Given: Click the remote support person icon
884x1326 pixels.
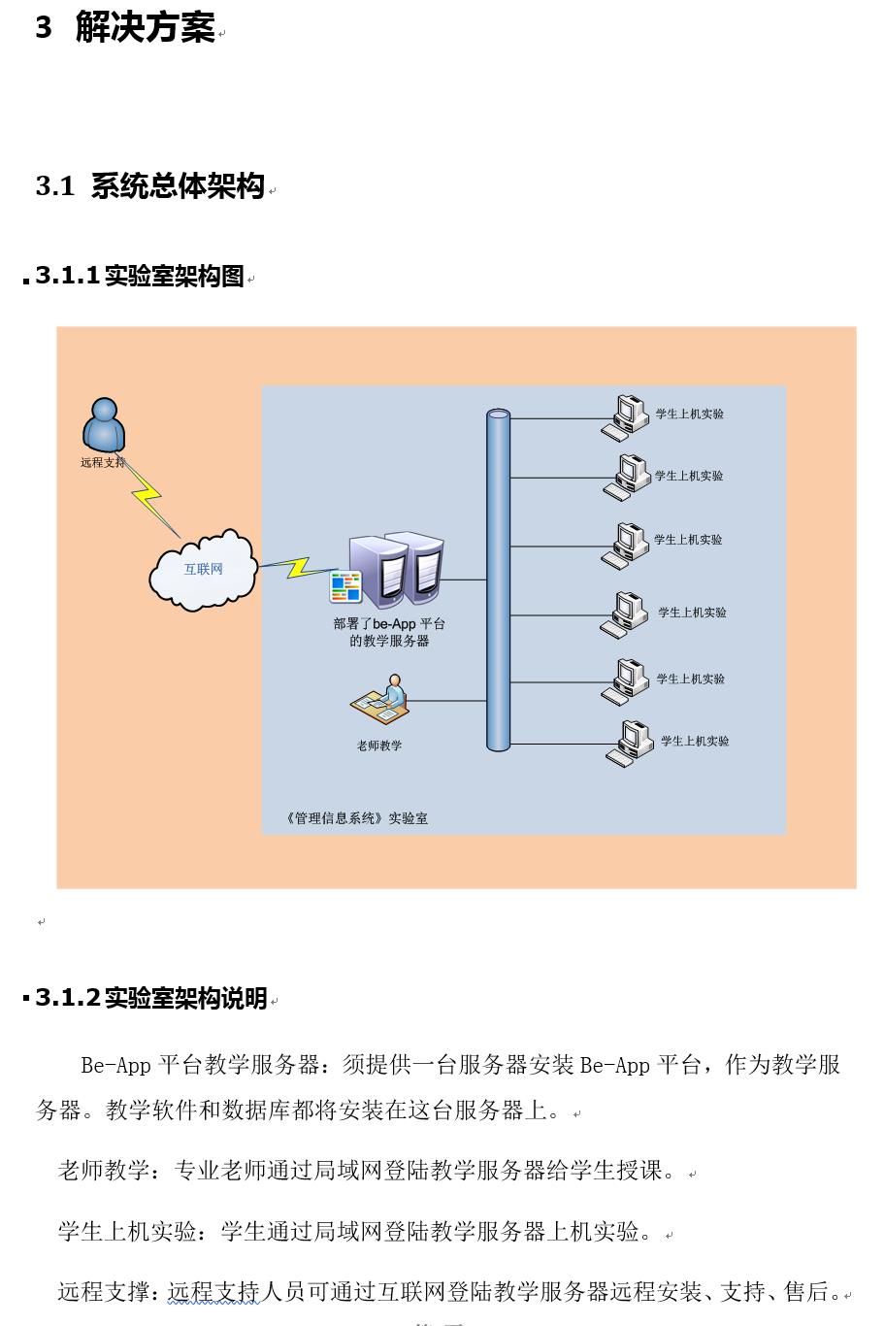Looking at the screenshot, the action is (x=104, y=424).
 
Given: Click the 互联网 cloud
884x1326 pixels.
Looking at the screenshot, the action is (x=203, y=570).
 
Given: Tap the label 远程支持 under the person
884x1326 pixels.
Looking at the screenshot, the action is (x=103, y=462).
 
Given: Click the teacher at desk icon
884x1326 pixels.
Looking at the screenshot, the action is (x=379, y=698).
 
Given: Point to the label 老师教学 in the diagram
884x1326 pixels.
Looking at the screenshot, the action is (x=379, y=746).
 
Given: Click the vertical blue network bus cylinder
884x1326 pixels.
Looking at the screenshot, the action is (x=498, y=580).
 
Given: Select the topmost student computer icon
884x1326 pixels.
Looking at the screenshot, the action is (x=626, y=418).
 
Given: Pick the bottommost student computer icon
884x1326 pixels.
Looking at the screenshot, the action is (x=630, y=745).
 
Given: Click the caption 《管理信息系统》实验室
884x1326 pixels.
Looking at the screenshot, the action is (x=357, y=818).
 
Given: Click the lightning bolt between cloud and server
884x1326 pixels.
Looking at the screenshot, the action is (x=296, y=567).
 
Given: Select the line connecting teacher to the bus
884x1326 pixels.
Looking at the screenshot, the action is (x=448, y=701).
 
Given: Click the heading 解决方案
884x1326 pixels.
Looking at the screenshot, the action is (x=145, y=27).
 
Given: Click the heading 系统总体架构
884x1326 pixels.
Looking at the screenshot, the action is (x=178, y=185).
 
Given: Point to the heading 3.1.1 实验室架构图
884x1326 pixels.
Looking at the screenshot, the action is (x=140, y=276).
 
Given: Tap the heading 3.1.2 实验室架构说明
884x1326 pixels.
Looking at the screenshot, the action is (x=151, y=998).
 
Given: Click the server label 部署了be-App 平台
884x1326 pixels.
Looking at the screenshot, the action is (x=389, y=623).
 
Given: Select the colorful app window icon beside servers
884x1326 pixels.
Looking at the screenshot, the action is (x=345, y=586).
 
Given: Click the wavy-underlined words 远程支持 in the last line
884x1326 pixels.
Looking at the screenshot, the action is (x=213, y=1291).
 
